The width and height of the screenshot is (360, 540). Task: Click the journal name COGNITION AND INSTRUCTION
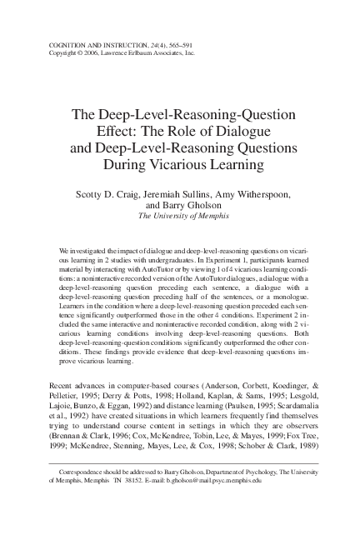[x=84, y=43]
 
